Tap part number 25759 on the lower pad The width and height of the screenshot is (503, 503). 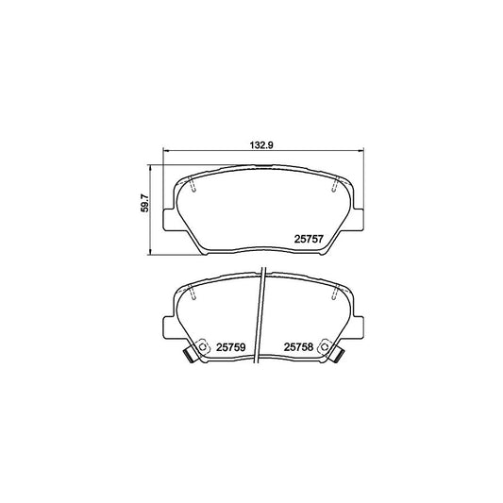pyautogui.click(x=231, y=346)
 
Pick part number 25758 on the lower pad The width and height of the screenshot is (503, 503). pyautogui.click(x=298, y=346)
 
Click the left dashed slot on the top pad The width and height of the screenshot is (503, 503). pyautogui.click(x=193, y=188)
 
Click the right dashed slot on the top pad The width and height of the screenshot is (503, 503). pyautogui.click(x=333, y=188)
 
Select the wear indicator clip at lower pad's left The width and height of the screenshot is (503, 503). pyautogui.click(x=189, y=357)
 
